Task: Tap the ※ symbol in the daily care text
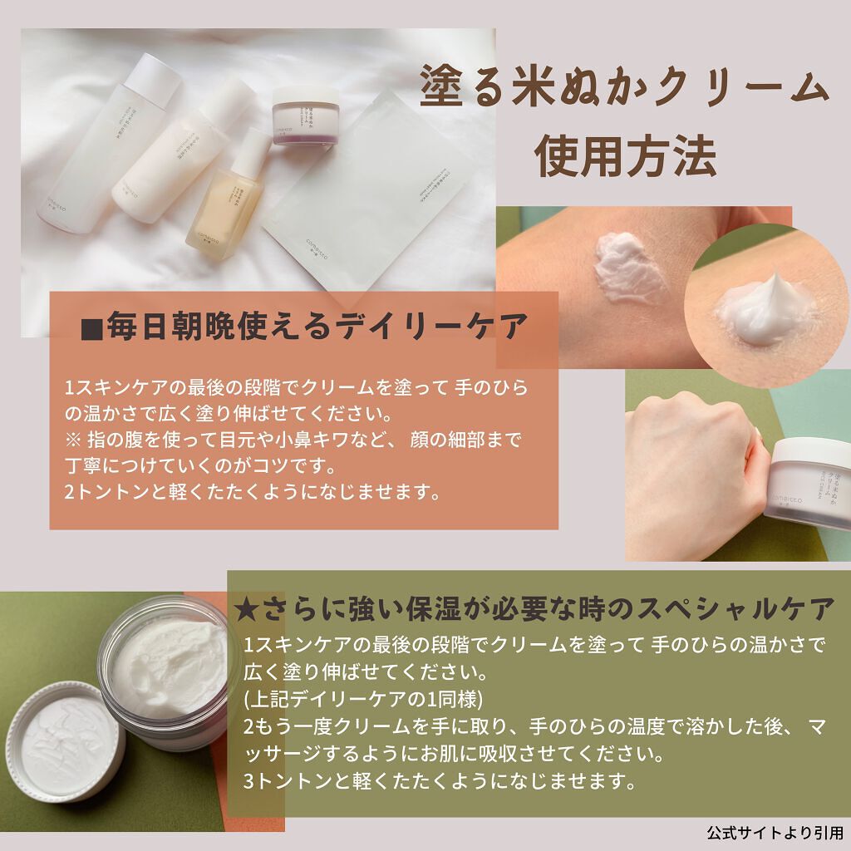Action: coord(72,437)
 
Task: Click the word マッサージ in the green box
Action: coord(291,755)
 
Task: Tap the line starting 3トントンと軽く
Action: coord(440,782)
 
